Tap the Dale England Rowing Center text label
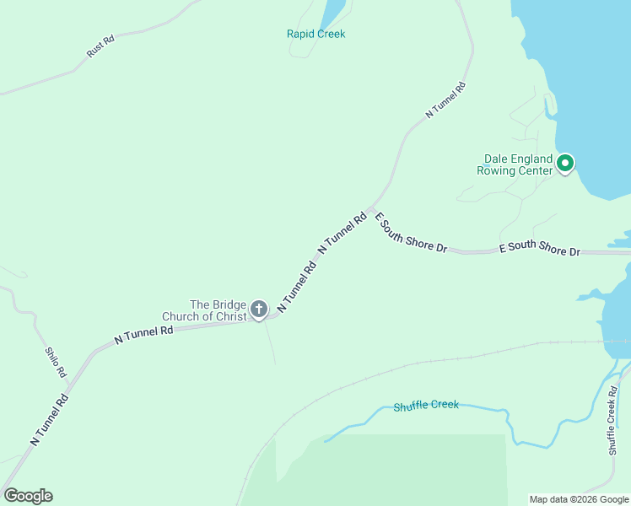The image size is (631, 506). pyautogui.click(x=518, y=164)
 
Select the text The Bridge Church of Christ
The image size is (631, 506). pyautogui.click(x=218, y=311)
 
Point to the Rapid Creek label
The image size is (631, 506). pyautogui.click(x=316, y=34)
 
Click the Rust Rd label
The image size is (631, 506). pyautogui.click(x=100, y=46)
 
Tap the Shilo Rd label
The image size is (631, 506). pyautogui.click(x=55, y=363)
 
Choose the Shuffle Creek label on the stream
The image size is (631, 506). pyautogui.click(x=426, y=406)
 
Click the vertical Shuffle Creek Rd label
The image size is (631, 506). pyautogui.click(x=613, y=422)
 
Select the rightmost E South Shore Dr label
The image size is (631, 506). pyautogui.click(x=540, y=250)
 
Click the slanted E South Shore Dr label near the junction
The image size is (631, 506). pyautogui.click(x=410, y=234)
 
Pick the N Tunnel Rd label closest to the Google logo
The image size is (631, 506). pyautogui.click(x=49, y=419)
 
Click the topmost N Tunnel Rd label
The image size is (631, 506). pyautogui.click(x=446, y=99)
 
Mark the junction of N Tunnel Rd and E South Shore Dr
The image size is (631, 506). pyautogui.click(x=370, y=208)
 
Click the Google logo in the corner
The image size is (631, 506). pyautogui.click(x=28, y=496)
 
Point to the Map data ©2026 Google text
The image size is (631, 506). pyautogui.click(x=579, y=499)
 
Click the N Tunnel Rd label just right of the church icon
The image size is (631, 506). pyautogui.click(x=297, y=287)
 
